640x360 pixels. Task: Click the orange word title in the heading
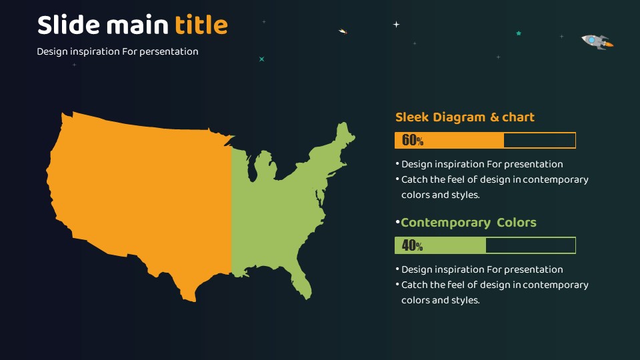click(x=201, y=25)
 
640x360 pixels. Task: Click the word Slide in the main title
click(x=69, y=25)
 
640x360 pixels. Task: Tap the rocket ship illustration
click(x=597, y=41)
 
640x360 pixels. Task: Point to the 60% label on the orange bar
click(x=412, y=141)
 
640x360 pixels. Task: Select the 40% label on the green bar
click(x=412, y=245)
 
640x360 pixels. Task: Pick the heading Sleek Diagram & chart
click(x=465, y=117)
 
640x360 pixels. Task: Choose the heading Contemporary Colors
click(x=468, y=223)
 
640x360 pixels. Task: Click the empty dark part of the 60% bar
click(x=539, y=141)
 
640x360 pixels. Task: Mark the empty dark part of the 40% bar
click(x=530, y=245)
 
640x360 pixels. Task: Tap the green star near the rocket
click(x=519, y=33)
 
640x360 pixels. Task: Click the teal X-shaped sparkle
click(x=261, y=59)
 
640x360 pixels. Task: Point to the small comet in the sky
click(x=343, y=31)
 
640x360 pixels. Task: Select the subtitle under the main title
click(x=117, y=52)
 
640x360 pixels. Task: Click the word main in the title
click(x=137, y=25)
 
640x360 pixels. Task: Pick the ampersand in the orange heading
click(x=494, y=117)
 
